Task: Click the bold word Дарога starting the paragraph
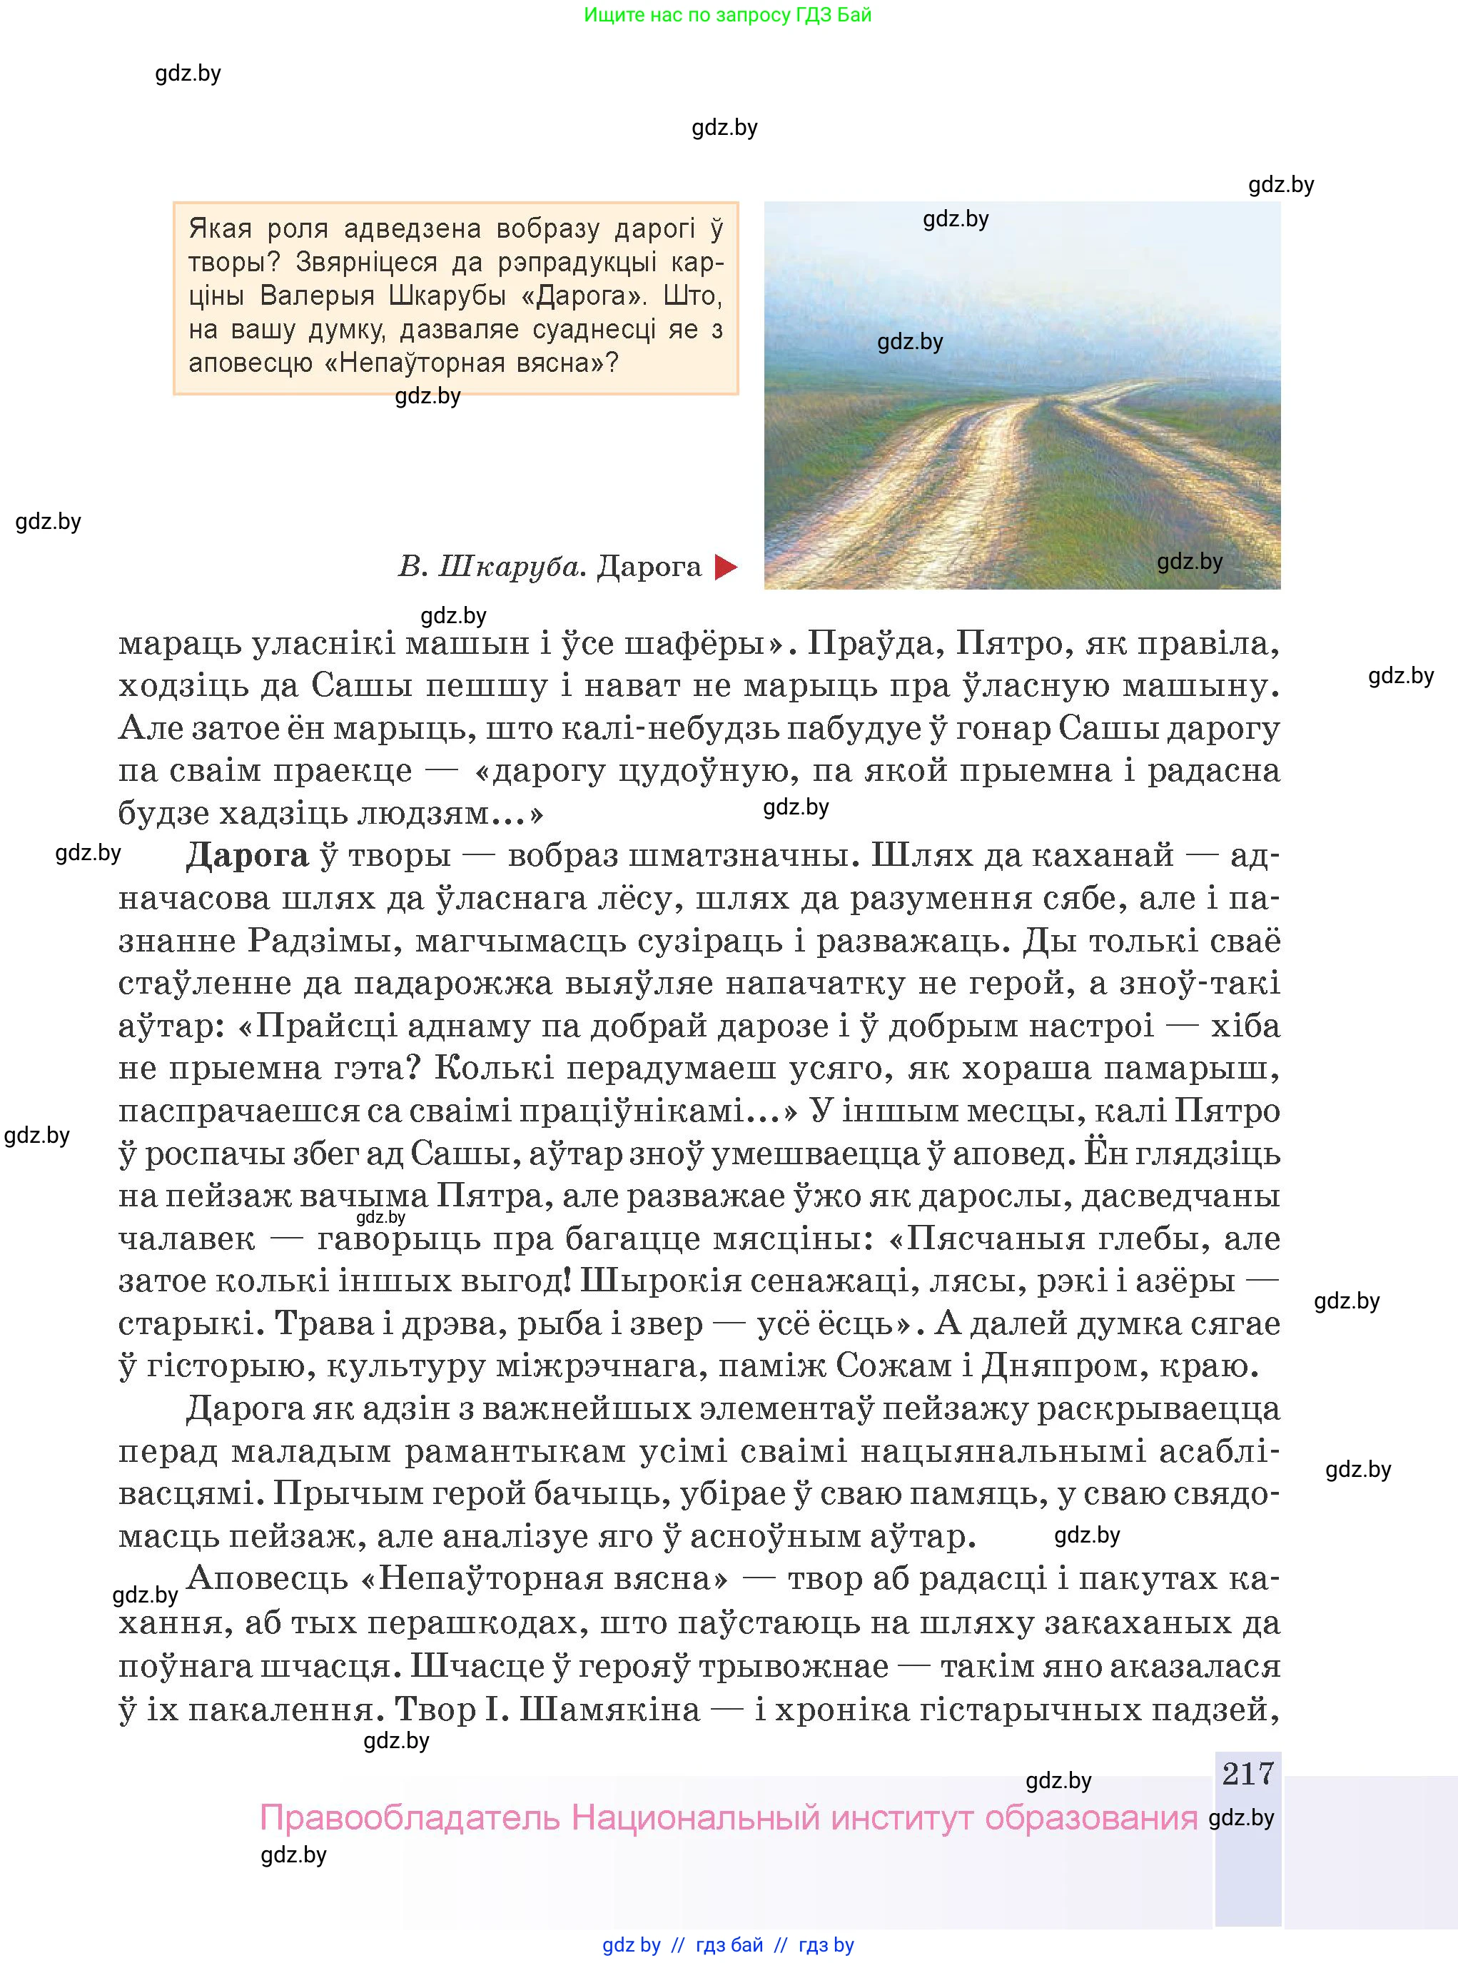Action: click(x=247, y=855)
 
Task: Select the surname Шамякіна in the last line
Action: click(x=609, y=1709)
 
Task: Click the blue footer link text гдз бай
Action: click(x=729, y=1944)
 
